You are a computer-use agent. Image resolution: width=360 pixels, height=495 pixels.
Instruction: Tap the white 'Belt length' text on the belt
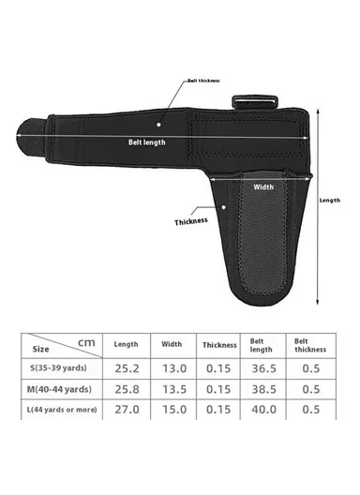tap(149, 142)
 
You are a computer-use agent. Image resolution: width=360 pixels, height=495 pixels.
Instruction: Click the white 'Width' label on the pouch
tap(264, 186)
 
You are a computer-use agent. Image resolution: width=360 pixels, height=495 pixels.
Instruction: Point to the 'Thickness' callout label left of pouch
tap(191, 222)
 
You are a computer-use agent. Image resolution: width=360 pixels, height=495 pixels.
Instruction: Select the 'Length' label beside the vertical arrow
tap(330, 200)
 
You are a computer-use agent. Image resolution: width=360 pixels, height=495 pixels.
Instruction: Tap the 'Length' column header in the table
tap(126, 344)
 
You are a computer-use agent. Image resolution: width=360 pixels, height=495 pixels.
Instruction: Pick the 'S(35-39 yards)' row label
tap(60, 369)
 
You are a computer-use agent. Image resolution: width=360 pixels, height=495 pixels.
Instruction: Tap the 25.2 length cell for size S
tap(126, 369)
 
